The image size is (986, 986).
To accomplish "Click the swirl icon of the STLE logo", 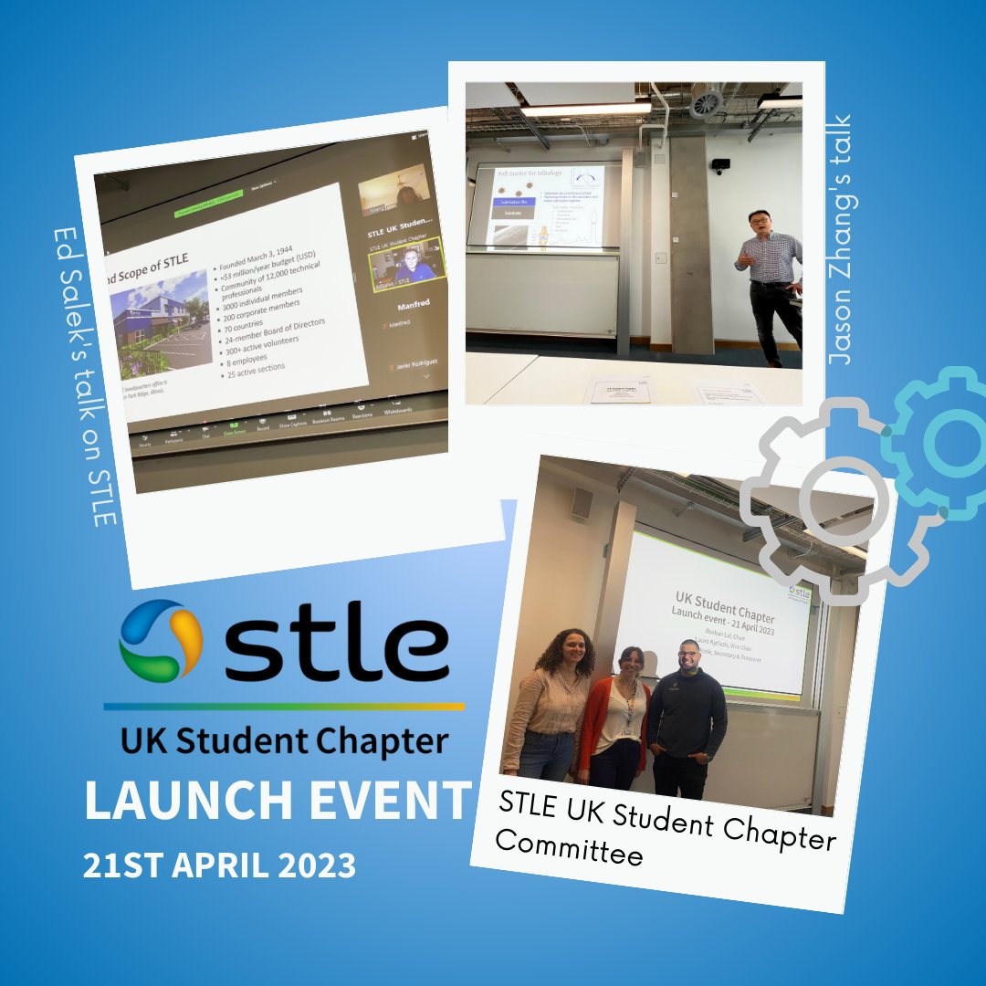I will (160, 639).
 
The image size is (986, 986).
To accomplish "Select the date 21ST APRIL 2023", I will (219, 865).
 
